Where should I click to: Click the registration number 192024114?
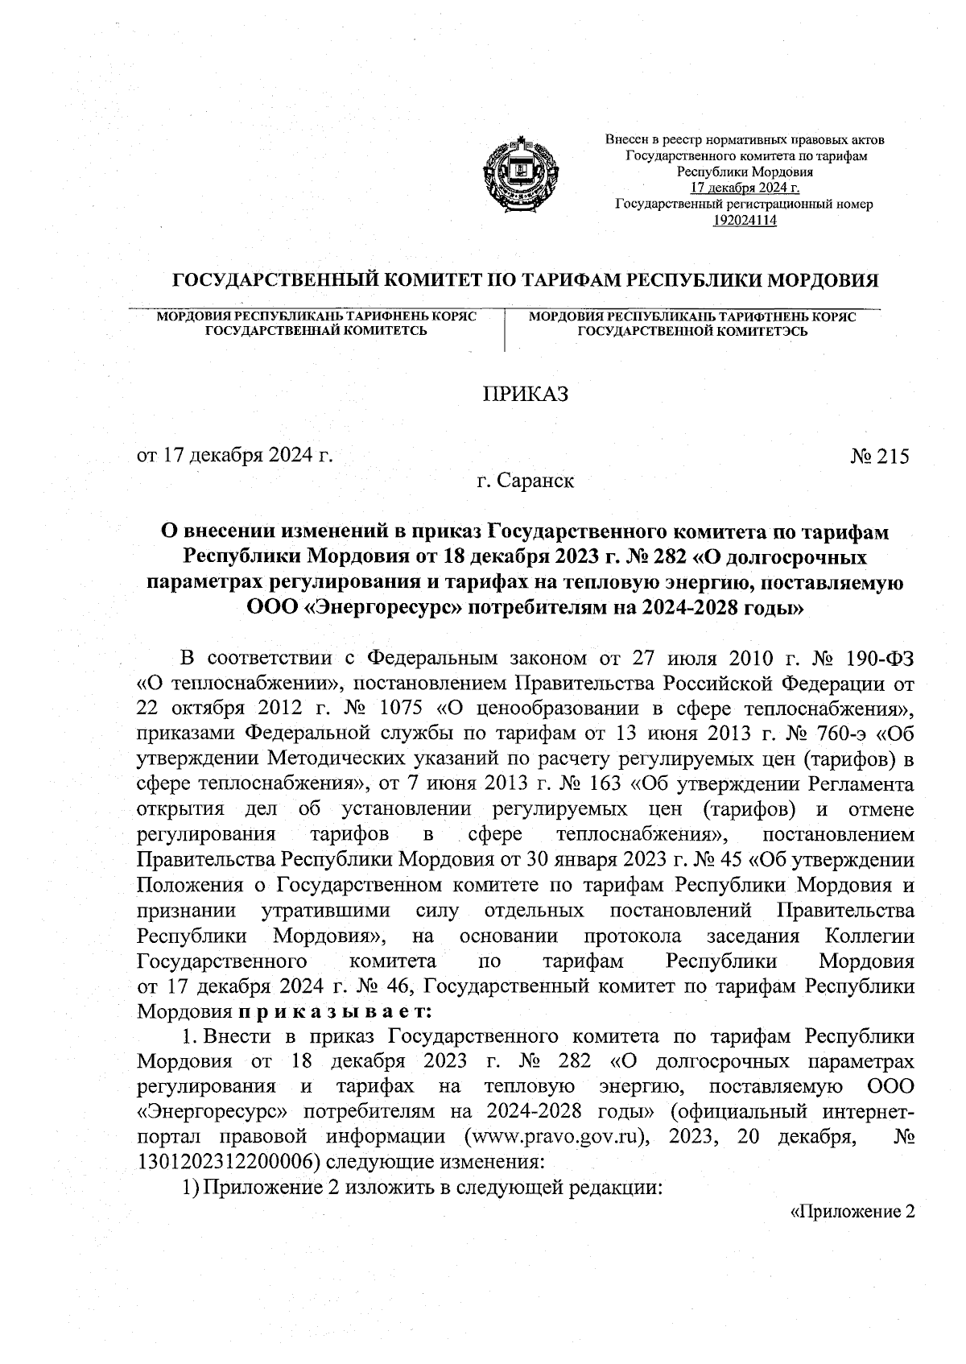(744, 220)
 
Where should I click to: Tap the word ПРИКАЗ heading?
(525, 395)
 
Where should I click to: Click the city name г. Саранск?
(525, 482)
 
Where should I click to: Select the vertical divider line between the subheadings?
(504, 330)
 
